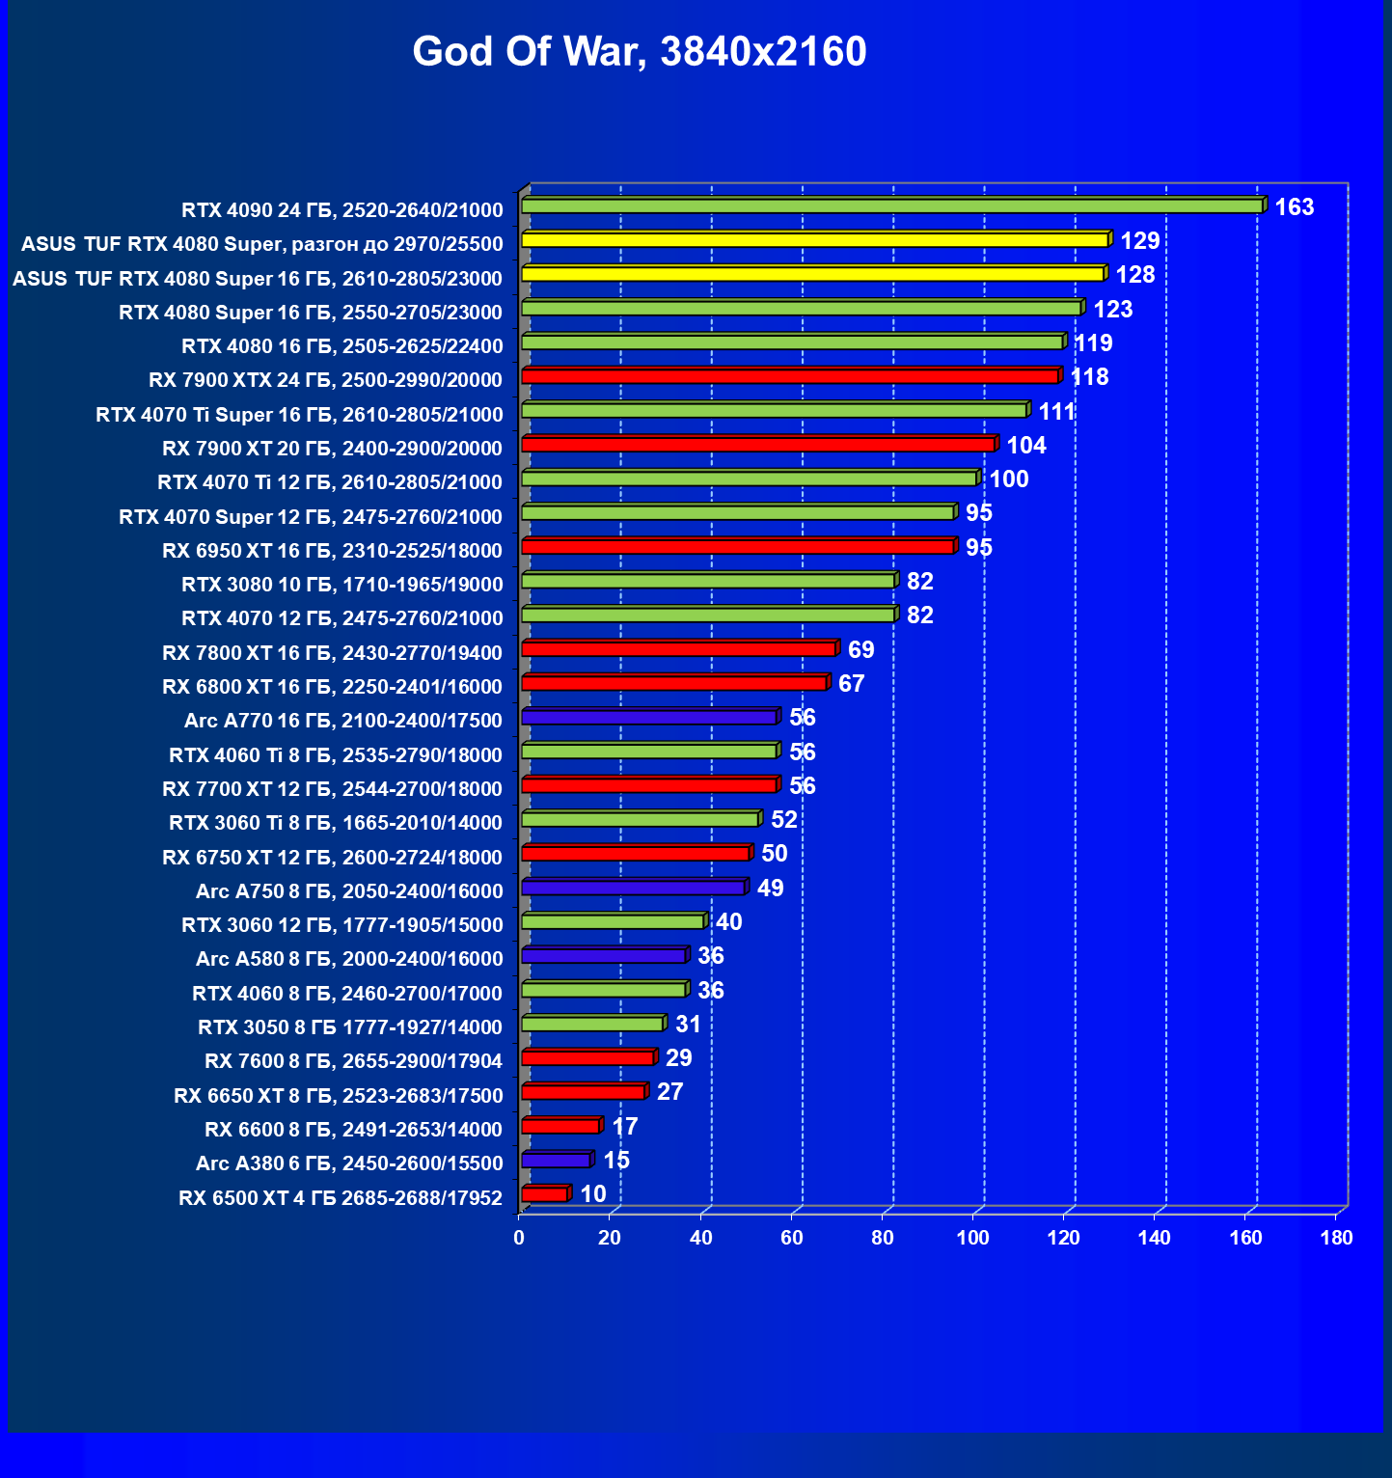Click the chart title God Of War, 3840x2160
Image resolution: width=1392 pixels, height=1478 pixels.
[639, 52]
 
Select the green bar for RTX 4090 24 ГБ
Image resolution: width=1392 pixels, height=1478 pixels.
[891, 205]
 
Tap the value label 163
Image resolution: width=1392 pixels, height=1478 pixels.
[1294, 207]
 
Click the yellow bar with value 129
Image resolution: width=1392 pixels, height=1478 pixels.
[814, 239]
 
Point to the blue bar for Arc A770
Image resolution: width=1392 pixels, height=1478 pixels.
[648, 717]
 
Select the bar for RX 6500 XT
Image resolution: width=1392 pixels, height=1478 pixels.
[544, 1194]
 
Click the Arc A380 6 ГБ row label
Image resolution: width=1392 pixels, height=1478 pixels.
[349, 1163]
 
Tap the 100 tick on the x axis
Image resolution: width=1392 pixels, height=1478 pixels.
[972, 1238]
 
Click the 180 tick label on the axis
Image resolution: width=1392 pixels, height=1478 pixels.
[1336, 1238]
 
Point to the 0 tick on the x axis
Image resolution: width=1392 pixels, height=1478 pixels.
[519, 1238]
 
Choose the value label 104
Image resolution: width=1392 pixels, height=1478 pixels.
[1026, 445]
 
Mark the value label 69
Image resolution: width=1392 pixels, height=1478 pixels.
[860, 649]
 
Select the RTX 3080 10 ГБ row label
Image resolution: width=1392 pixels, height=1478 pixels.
[342, 585]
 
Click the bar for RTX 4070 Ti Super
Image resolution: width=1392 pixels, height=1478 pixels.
[774, 410]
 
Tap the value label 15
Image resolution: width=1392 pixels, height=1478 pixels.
[616, 1160]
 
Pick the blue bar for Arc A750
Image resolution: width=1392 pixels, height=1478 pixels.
[633, 887]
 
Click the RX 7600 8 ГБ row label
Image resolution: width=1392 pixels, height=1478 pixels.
[353, 1061]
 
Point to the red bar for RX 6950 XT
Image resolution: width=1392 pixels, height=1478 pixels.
[738, 546]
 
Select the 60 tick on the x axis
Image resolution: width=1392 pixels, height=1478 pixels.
[791, 1238]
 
